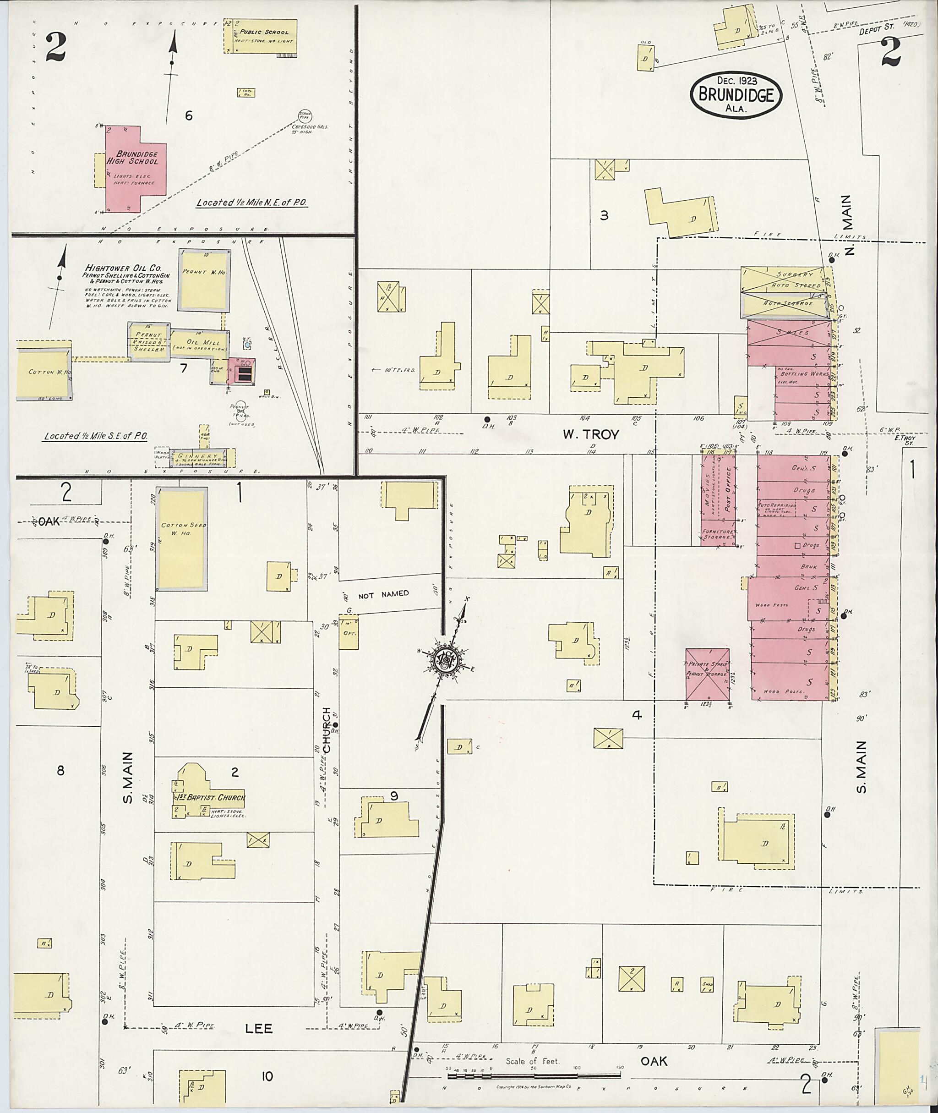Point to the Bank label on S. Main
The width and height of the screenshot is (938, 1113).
pos(808,567)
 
